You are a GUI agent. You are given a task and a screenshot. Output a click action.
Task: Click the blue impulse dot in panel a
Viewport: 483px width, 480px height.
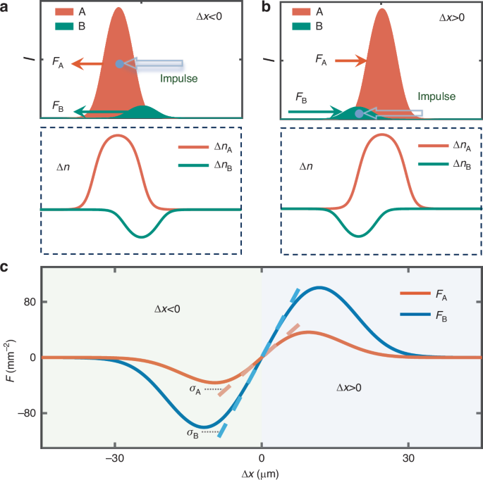click(120, 64)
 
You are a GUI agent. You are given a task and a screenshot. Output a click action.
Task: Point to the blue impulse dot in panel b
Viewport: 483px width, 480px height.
click(360, 113)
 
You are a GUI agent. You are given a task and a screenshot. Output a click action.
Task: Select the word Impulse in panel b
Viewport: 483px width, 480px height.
click(436, 96)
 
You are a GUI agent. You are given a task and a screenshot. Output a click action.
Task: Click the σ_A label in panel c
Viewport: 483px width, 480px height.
click(194, 389)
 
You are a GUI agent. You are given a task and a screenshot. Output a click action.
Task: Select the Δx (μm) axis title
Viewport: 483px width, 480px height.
click(261, 473)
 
